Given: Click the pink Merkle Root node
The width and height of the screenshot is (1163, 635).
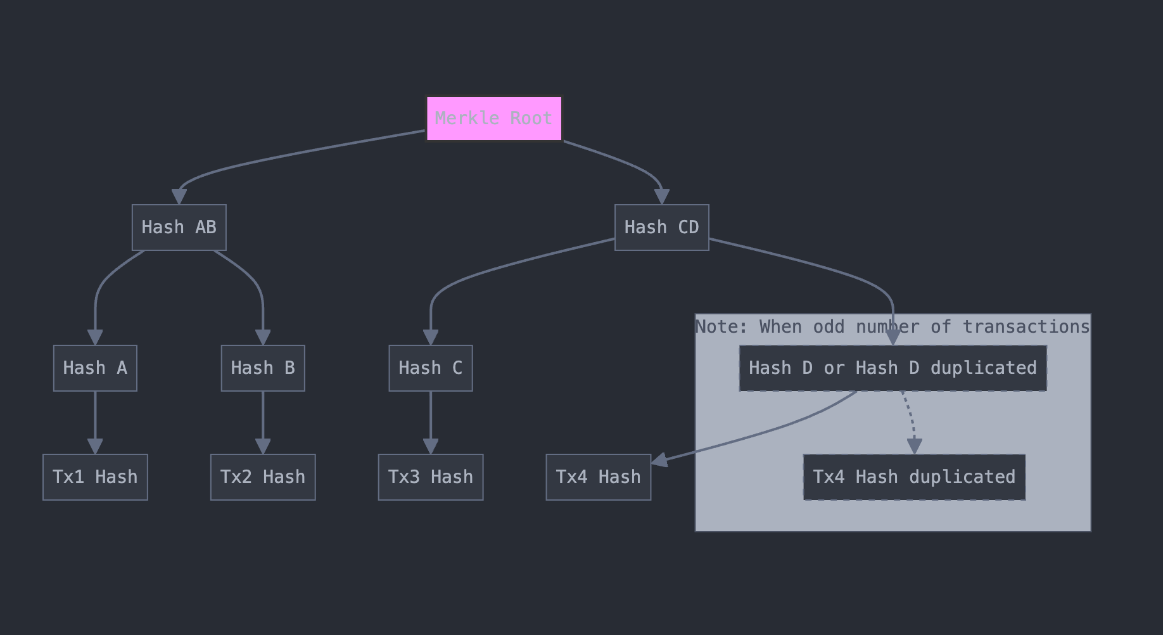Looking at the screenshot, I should (494, 119).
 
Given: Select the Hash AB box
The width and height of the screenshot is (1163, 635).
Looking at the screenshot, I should (179, 228).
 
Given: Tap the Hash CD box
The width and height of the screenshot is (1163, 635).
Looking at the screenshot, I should (661, 228).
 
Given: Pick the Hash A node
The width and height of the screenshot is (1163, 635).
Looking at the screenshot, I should (95, 368).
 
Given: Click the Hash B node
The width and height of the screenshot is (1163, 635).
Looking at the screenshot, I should (263, 368).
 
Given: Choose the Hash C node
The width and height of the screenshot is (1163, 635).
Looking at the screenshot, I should (431, 368).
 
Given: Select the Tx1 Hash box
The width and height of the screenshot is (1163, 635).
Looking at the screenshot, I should (95, 477).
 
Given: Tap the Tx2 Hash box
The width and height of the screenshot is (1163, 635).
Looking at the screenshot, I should (263, 477).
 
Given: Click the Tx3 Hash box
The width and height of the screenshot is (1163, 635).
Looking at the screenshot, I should (431, 477).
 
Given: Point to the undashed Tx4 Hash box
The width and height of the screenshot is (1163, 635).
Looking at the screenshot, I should (598, 477).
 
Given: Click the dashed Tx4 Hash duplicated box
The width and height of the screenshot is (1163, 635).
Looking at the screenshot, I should (914, 477).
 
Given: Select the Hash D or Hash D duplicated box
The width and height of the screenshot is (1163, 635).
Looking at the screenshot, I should (893, 368).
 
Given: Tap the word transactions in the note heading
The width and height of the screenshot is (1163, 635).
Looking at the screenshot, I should (1026, 327).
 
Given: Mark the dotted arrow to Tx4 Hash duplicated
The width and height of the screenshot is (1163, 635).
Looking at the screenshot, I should (911, 419).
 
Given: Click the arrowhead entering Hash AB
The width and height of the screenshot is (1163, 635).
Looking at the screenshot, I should (179, 197).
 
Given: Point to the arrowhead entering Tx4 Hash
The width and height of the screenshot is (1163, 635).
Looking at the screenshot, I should (659, 460).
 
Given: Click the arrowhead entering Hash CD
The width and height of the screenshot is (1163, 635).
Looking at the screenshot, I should (662, 197).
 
